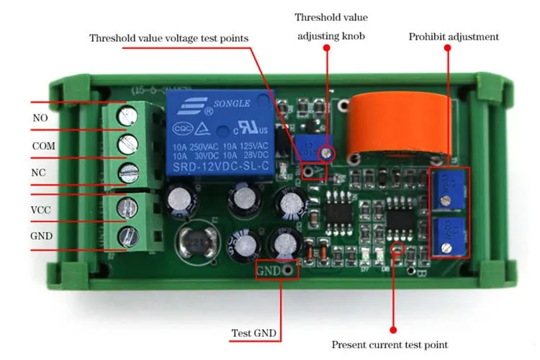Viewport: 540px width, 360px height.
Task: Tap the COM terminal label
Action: [x=43, y=145]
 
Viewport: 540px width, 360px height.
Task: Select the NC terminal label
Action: [x=40, y=173]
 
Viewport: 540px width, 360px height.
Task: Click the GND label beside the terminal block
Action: [x=42, y=236]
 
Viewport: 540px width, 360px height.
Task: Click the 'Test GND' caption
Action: [x=252, y=334]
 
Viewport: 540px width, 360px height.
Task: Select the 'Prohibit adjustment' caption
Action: [x=453, y=37]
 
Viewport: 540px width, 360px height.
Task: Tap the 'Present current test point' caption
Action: [x=390, y=345]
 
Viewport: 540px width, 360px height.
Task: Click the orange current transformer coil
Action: [x=385, y=127]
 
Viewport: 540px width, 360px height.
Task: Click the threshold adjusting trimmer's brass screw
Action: [x=327, y=153]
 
